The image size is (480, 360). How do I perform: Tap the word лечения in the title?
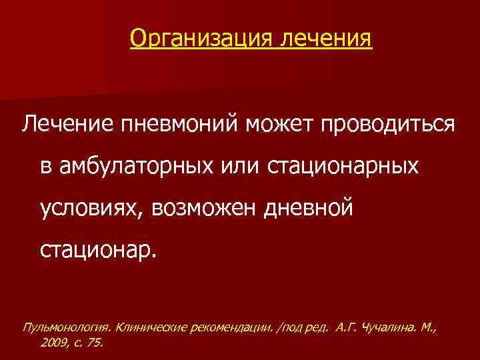[x=327, y=38]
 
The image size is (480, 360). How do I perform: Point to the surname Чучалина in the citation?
[x=393, y=327]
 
